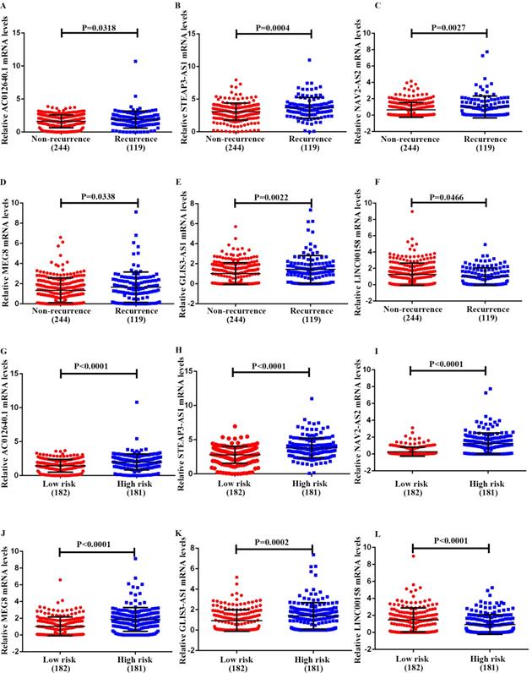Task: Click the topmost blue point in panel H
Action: tap(311, 398)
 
